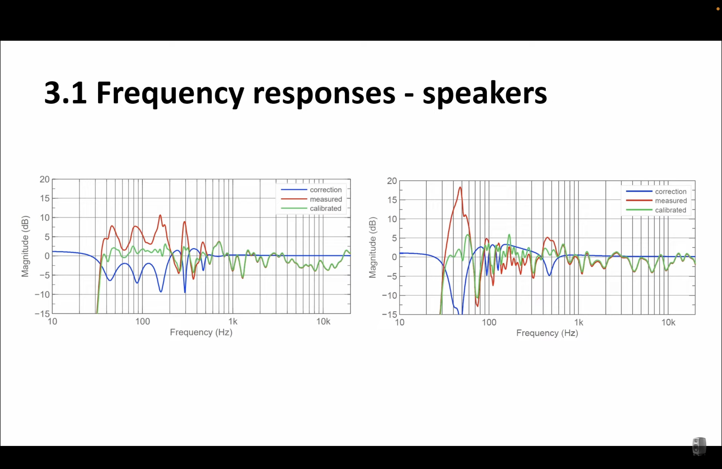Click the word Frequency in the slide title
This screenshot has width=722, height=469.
pyautogui.click(x=170, y=93)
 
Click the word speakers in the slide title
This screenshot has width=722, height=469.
pyautogui.click(x=485, y=93)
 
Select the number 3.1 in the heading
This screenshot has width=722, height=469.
pyautogui.click(x=65, y=92)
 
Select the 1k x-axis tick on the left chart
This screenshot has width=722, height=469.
pyautogui.click(x=233, y=321)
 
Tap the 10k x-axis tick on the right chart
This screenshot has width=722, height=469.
pyautogui.click(x=668, y=322)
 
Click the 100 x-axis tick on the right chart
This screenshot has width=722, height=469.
pyautogui.click(x=489, y=322)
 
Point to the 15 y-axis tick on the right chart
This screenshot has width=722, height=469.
pyautogui.click(x=392, y=200)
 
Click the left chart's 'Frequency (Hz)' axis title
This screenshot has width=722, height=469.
pyautogui.click(x=201, y=332)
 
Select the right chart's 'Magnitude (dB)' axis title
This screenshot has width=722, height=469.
pyautogui.click(x=372, y=247)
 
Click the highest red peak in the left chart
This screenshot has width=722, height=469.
pyautogui.click(x=160, y=215)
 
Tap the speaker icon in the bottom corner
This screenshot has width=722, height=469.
pyautogui.click(x=699, y=446)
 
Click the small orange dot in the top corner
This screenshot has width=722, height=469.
pyautogui.click(x=718, y=9)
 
